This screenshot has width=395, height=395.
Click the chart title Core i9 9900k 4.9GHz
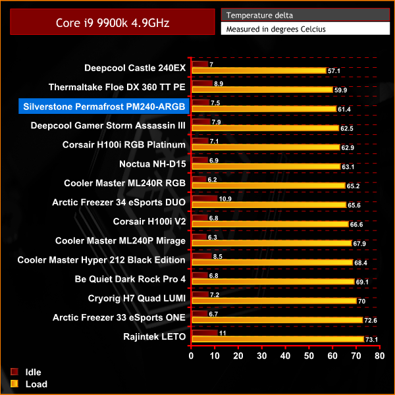[x=113, y=22]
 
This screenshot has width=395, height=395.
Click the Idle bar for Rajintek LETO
[x=204, y=332]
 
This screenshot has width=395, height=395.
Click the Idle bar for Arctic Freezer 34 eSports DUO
[x=204, y=198]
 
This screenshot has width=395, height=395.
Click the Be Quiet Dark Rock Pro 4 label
[x=130, y=279]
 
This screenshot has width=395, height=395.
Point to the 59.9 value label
[x=340, y=90]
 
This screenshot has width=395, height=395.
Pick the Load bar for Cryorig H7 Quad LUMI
[x=273, y=301]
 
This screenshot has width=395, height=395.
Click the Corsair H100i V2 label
[x=149, y=221]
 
